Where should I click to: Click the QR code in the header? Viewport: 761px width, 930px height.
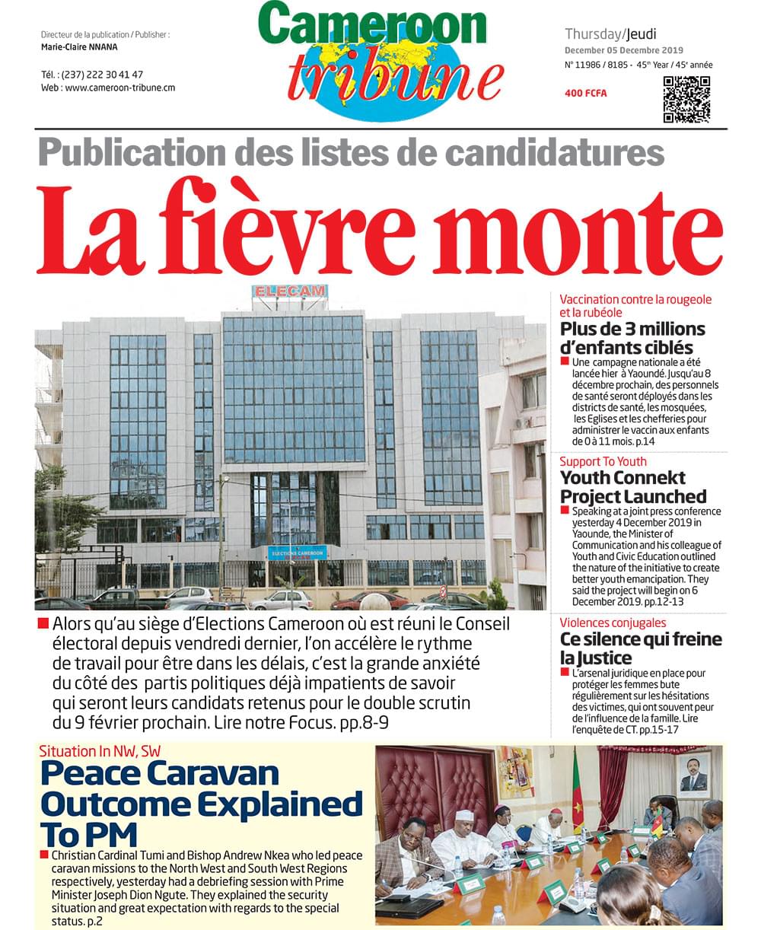coord(686,99)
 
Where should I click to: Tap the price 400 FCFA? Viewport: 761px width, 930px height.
coord(586,93)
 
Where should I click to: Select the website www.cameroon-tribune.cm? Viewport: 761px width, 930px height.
coord(119,88)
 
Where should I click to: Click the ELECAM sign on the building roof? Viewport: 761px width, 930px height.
coord(289,291)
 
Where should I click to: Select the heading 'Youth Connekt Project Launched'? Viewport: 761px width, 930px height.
coord(633,488)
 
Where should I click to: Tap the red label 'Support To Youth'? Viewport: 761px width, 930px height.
coord(603,461)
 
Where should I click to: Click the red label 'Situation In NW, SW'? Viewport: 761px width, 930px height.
coord(100,750)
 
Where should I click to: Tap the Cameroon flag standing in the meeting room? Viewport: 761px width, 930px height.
coord(578,791)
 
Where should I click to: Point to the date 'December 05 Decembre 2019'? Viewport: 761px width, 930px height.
coord(623,50)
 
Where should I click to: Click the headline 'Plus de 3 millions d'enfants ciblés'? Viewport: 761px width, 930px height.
coord(632,339)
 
